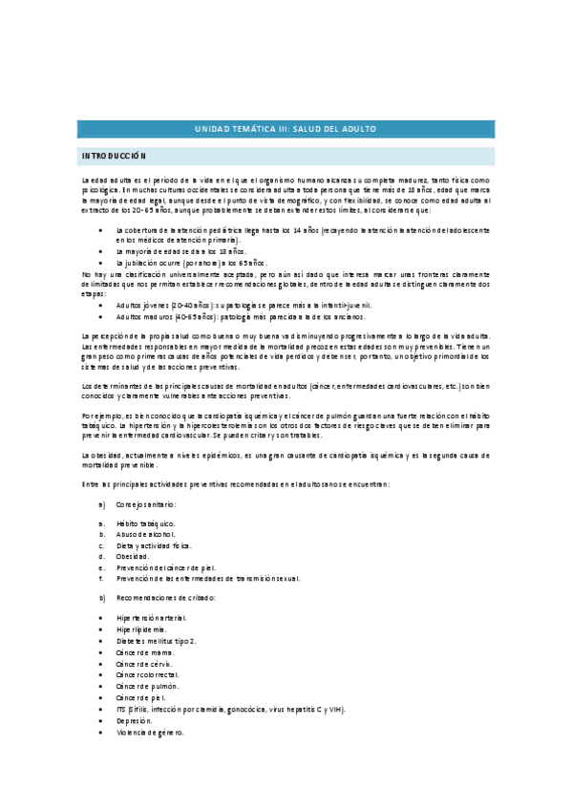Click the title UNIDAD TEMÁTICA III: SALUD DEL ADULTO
click(286, 128)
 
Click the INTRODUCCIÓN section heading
click(113, 155)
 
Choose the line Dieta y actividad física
click(154, 545)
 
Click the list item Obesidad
click(133, 556)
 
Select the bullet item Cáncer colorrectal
click(149, 674)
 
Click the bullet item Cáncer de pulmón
click(147, 686)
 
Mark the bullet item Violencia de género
click(150, 733)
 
